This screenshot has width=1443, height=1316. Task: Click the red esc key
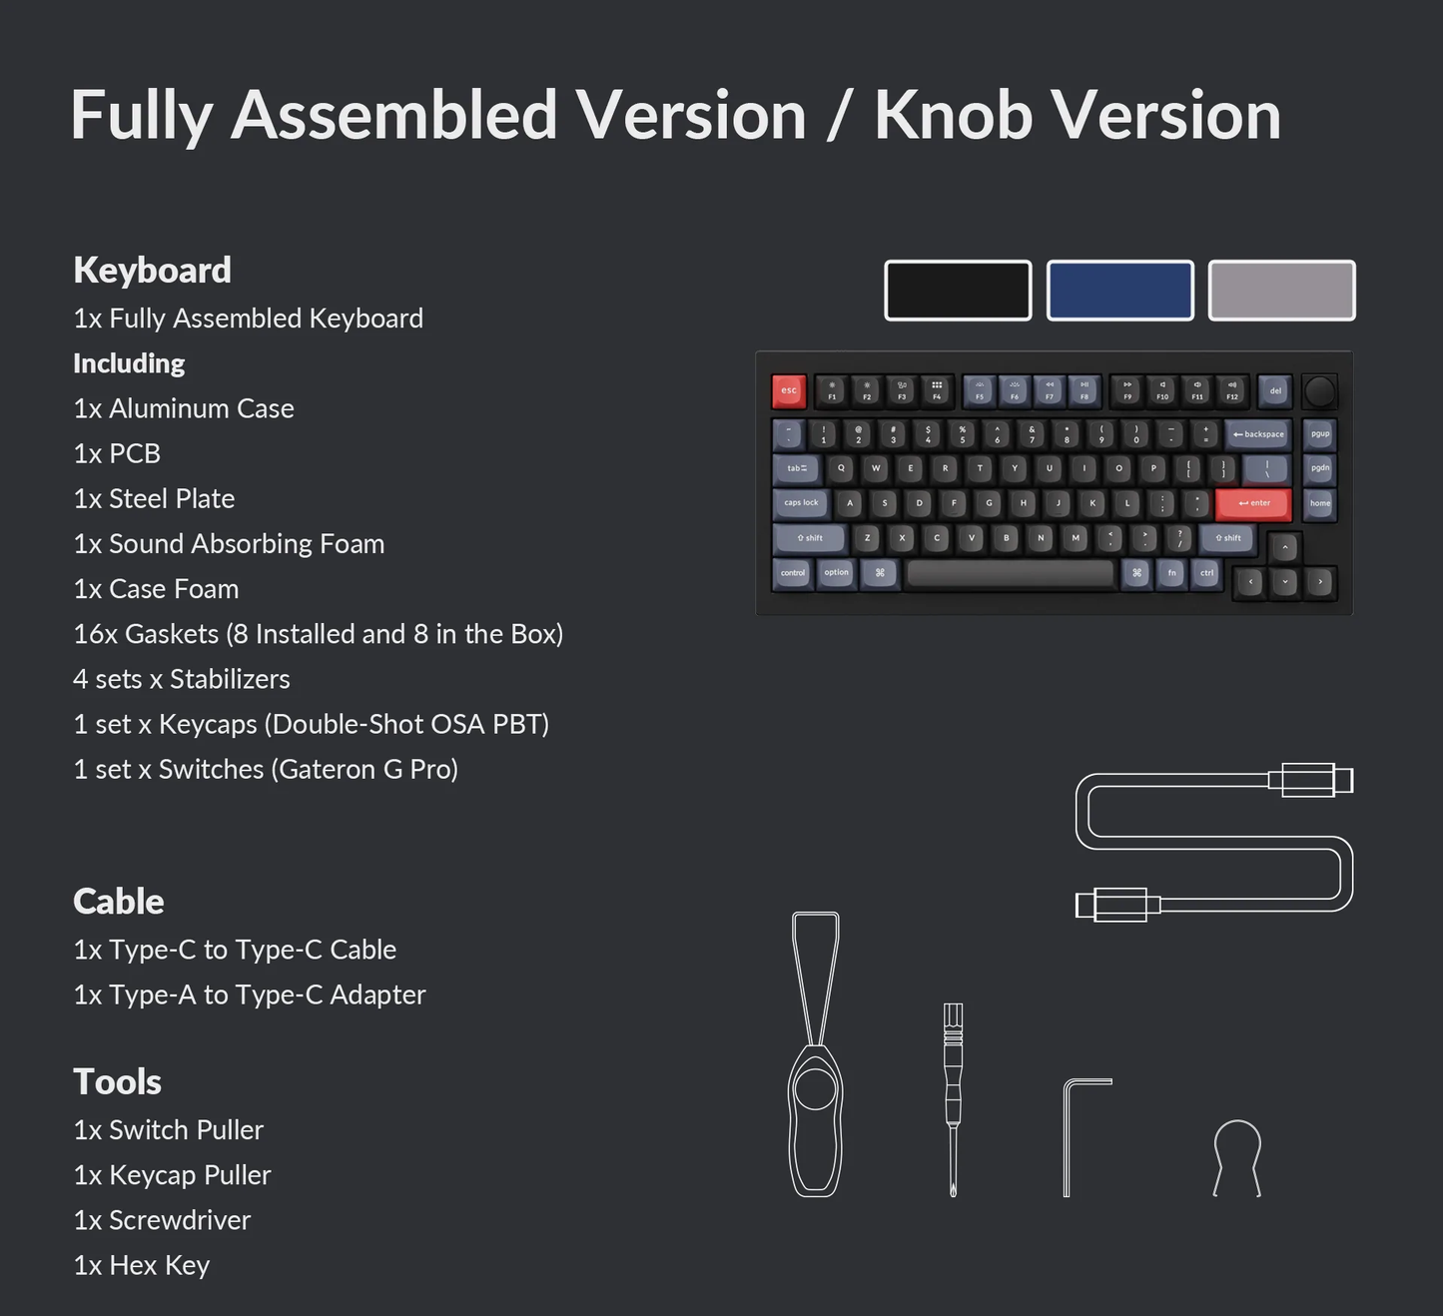point(789,391)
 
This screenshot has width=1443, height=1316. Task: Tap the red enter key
point(1253,503)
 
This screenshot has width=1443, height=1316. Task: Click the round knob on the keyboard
point(1319,391)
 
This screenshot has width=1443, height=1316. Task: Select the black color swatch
point(958,291)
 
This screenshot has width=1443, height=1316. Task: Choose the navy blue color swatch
point(1119,291)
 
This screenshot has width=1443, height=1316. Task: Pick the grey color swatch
point(1281,291)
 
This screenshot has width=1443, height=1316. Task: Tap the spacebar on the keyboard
point(1010,573)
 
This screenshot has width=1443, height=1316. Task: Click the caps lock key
point(801,503)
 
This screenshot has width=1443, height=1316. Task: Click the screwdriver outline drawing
point(953,1098)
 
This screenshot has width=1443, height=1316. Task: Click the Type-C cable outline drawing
point(1213,844)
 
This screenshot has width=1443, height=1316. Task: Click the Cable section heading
point(119,902)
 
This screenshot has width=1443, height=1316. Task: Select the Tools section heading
point(118,1082)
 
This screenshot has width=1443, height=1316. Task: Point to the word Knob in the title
point(954,116)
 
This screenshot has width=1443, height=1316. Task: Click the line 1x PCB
point(117,454)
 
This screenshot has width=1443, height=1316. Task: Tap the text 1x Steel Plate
point(154,499)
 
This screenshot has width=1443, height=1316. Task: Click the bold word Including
point(129,363)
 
